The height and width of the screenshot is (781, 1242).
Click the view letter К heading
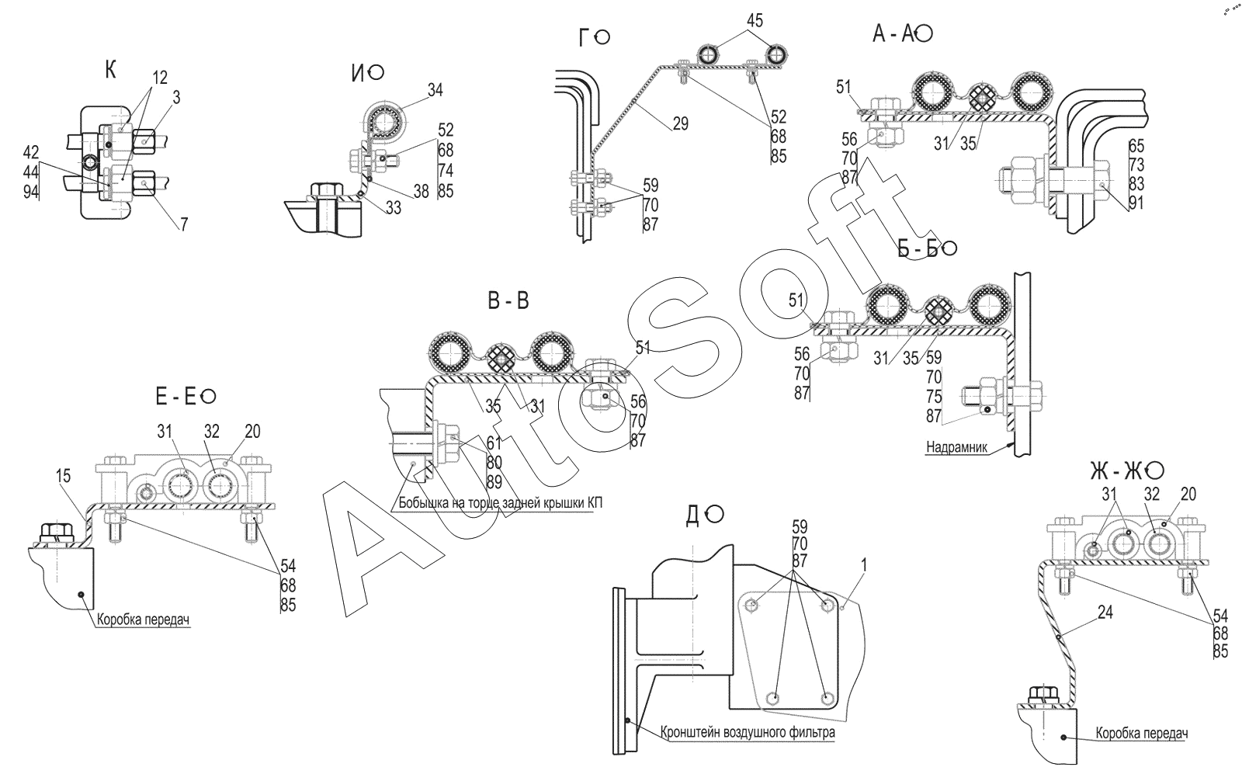tap(111, 71)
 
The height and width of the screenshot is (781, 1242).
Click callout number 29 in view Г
tap(680, 123)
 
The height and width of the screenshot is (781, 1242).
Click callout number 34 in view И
tap(435, 90)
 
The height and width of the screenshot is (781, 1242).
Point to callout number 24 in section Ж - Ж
tap(1105, 613)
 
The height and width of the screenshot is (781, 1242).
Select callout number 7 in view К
tap(183, 225)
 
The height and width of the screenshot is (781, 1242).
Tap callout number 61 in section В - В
tap(494, 443)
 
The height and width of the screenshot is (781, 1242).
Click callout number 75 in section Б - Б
tap(934, 397)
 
